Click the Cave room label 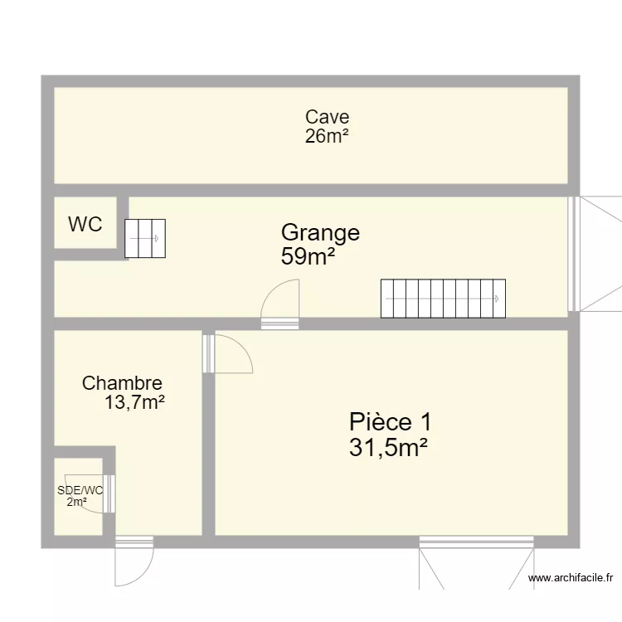[327, 118]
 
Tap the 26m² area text [327, 137]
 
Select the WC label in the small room [85, 224]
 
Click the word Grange [320, 233]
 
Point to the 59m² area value [308, 257]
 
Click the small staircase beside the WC [145, 238]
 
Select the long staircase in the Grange [443, 299]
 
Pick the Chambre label [122, 383]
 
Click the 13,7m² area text [134, 404]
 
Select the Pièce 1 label [390, 421]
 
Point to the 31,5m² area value [388, 449]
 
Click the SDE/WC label [80, 490]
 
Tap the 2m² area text [77, 502]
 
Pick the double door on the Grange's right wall [595, 254]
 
